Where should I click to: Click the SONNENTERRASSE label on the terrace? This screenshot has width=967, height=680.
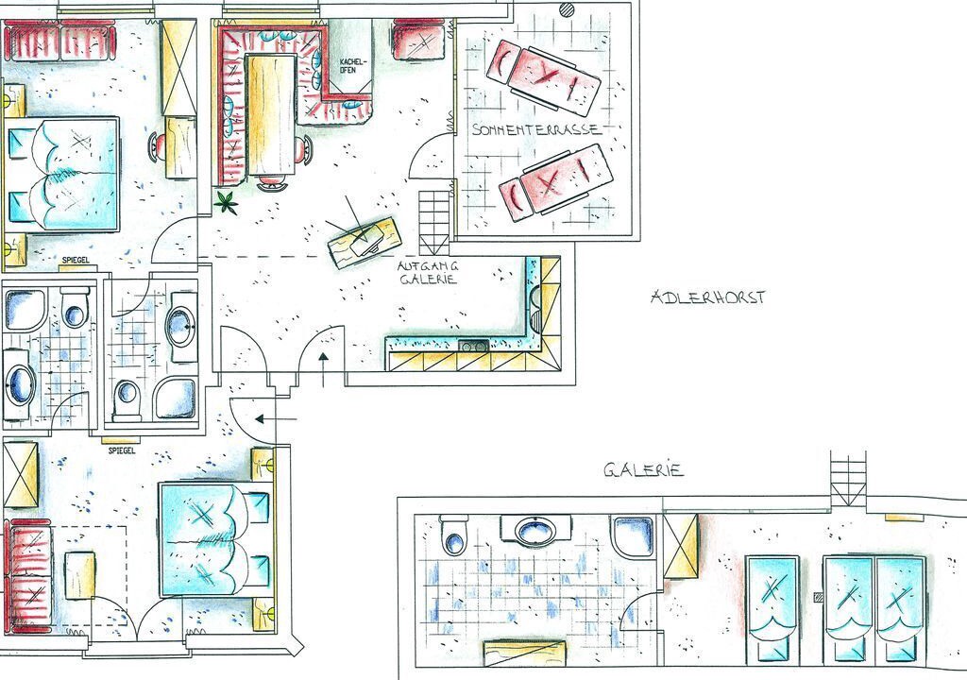point(536,129)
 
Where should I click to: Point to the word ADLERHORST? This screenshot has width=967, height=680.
point(708,297)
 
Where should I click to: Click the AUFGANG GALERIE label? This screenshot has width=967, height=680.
point(429,273)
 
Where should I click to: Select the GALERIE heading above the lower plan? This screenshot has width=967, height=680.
point(643,470)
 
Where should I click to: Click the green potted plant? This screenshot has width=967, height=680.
point(227,202)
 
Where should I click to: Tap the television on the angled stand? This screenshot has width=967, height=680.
point(364,240)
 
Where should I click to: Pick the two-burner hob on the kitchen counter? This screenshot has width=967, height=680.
point(474,347)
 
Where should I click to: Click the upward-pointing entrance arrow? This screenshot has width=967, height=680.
point(323,369)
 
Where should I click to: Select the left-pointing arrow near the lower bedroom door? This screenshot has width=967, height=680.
point(276,419)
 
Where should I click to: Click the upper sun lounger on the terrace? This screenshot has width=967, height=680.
point(543,77)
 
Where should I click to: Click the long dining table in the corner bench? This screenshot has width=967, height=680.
point(271,115)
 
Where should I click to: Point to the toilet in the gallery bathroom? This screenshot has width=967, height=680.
point(454,535)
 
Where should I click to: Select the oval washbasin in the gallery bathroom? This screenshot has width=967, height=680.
point(534,531)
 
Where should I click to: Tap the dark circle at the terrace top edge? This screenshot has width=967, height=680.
point(567,8)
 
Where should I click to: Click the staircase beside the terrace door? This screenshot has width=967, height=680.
point(434,223)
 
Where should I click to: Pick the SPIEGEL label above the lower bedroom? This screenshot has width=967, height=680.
point(122,450)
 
